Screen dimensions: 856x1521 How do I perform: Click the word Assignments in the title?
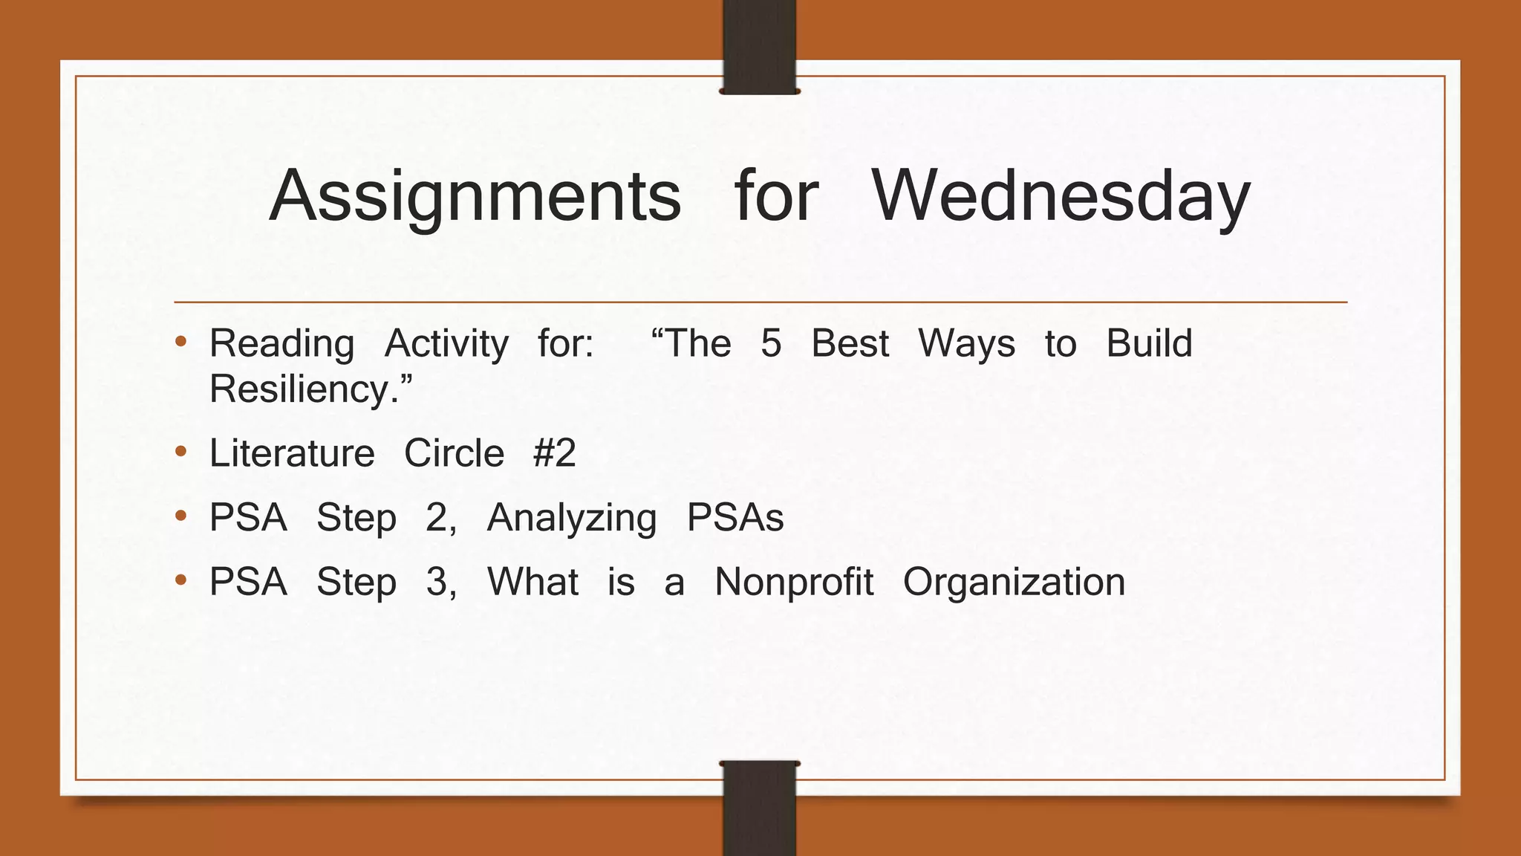tap(475, 197)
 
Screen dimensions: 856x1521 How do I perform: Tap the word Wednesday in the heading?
tap(1061, 197)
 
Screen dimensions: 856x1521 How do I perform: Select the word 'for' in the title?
tap(776, 195)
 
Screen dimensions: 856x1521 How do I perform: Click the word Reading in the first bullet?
tap(282, 345)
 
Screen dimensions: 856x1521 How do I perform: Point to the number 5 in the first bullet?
tap(771, 344)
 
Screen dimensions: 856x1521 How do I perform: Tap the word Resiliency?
tap(304, 389)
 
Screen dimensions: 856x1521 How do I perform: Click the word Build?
tap(1149, 344)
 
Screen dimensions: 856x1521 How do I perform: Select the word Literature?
tap(292, 453)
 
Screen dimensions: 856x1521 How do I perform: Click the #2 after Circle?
tap(554, 453)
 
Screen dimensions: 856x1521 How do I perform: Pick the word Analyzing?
tap(572, 519)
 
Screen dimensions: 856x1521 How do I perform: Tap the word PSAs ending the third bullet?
tap(735, 518)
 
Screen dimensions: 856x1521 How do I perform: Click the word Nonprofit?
tap(794, 582)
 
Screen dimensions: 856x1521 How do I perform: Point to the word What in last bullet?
tap(532, 582)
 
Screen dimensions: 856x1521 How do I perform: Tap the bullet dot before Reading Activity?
tap(180, 343)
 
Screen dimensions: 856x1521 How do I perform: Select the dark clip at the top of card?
tap(759, 46)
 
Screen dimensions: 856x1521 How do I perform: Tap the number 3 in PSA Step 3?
tap(437, 582)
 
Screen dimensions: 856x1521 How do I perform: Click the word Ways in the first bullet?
tap(966, 345)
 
